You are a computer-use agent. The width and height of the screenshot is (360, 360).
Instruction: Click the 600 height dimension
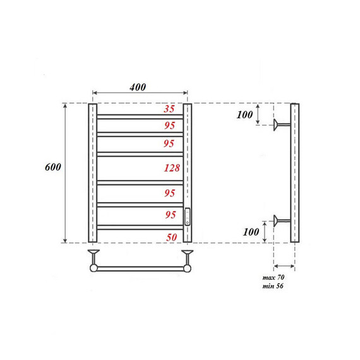[x=53, y=167]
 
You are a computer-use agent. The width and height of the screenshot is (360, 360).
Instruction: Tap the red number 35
[x=169, y=109]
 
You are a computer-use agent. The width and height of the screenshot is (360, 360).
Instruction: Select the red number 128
[x=171, y=168]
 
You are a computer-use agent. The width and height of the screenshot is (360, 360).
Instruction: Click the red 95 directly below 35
[x=169, y=125]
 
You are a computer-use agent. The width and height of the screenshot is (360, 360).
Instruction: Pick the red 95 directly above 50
[x=169, y=215]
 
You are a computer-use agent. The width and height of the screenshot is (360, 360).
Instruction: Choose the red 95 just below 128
[x=169, y=193]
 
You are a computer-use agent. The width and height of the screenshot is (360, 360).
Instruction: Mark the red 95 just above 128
[x=169, y=143]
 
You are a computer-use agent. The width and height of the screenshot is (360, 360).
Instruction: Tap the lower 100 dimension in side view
[x=251, y=232]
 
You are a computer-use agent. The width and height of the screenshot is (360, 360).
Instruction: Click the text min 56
[x=273, y=287]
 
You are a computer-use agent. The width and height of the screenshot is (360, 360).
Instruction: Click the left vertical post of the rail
[x=92, y=173]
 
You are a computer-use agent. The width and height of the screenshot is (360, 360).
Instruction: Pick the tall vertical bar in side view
[x=294, y=173]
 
